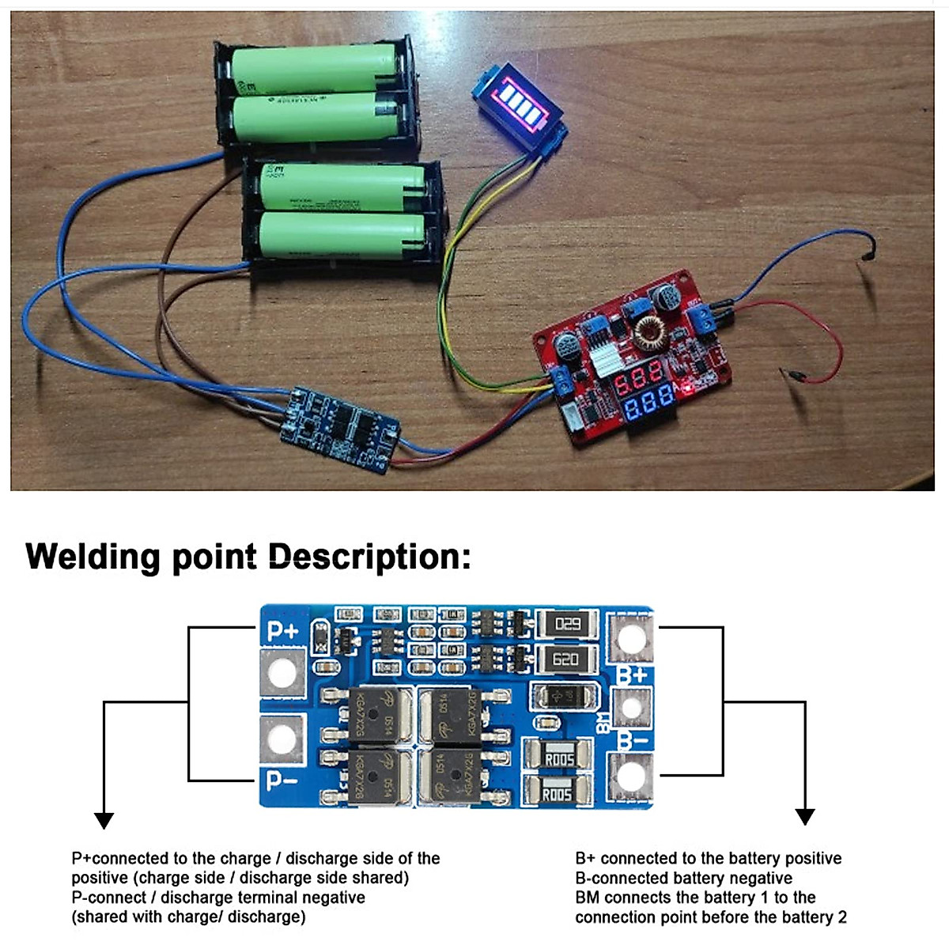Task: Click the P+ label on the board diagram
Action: coord(282,631)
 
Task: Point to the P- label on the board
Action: coord(282,781)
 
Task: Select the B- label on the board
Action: coord(633,741)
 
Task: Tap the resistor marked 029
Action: coord(567,624)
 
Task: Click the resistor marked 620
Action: coord(565,658)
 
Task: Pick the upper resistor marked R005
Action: coord(558,759)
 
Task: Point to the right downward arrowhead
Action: coord(804,816)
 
